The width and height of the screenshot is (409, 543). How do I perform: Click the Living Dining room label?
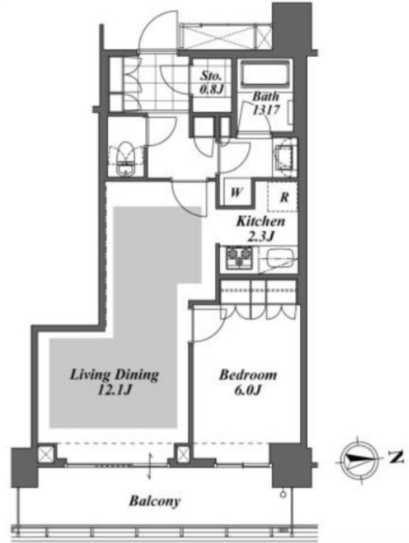(x=115, y=375)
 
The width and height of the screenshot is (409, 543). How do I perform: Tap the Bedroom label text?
(x=248, y=375)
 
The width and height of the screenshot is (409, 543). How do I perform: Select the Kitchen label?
(x=260, y=221)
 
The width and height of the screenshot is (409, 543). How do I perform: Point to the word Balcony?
(x=155, y=501)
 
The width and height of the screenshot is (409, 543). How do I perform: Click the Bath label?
(x=265, y=96)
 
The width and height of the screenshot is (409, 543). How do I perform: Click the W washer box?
(x=236, y=192)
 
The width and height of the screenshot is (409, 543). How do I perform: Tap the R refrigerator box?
(x=283, y=197)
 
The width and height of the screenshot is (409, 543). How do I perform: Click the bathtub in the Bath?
(x=265, y=74)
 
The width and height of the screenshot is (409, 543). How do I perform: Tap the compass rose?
(x=359, y=459)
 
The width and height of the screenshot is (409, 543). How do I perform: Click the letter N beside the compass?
(x=396, y=458)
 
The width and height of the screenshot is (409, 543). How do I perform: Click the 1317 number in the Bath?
(x=265, y=110)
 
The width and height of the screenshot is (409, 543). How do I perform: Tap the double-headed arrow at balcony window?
(x=150, y=466)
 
